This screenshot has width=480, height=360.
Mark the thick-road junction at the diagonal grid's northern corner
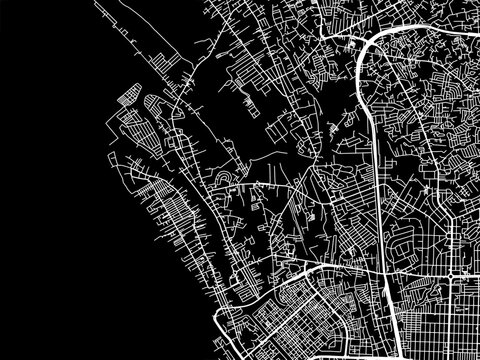tap(321, 268)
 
